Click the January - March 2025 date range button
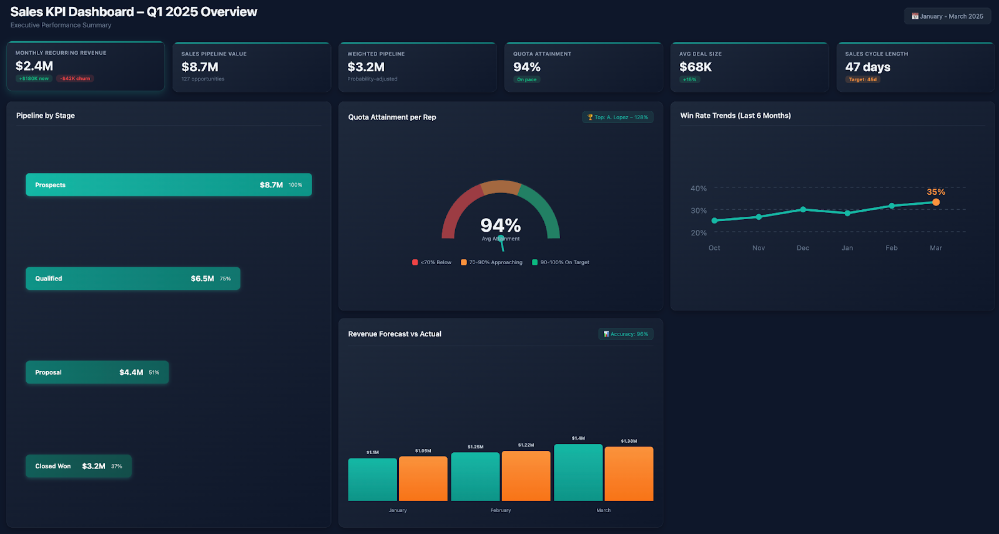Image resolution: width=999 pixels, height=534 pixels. [947, 16]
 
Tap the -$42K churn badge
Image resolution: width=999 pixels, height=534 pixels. [75, 79]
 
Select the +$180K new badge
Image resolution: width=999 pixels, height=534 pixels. [34, 79]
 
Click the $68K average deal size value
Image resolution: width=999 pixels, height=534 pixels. [696, 67]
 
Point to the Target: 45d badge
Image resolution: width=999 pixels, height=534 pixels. [862, 79]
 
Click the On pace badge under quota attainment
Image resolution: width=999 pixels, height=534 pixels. [526, 79]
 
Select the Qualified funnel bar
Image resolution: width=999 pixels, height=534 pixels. [132, 279]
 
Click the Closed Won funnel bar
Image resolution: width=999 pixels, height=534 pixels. [78, 466]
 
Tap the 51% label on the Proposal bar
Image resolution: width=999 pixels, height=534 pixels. [154, 372]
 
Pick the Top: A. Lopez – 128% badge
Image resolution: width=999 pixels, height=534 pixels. [618, 117]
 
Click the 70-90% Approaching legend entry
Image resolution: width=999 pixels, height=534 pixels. [491, 262]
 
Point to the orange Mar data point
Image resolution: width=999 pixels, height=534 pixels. [935, 202]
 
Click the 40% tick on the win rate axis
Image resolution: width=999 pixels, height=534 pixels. [698, 188]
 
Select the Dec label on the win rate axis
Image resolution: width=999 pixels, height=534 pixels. [802, 248]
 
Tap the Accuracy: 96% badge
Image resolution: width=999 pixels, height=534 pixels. [626, 334]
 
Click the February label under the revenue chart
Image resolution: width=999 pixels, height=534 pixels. [500, 510]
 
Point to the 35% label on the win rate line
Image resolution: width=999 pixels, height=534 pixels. [935, 192]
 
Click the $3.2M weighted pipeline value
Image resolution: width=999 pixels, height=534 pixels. [366, 67]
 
